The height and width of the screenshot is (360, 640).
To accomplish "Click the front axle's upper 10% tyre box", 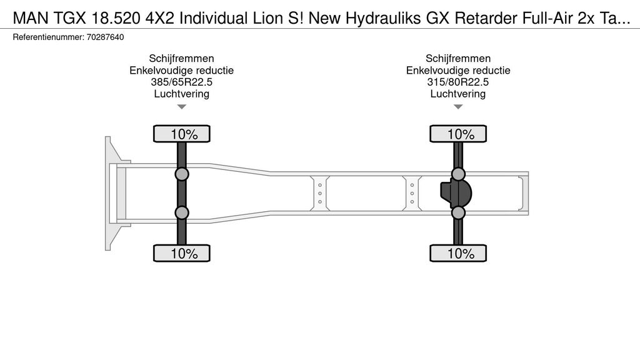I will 182,134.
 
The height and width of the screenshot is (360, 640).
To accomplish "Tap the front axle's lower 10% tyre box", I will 182,253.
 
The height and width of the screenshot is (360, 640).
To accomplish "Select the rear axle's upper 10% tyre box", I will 458,134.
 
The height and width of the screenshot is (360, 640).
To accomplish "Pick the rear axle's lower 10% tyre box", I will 458,253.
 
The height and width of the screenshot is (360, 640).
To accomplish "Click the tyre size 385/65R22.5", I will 181,82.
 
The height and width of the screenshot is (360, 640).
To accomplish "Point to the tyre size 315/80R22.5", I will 458,82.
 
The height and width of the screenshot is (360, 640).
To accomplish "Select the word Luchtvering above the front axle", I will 181,94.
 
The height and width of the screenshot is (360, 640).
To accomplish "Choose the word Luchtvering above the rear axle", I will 458,94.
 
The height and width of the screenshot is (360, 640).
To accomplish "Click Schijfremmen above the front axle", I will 181,59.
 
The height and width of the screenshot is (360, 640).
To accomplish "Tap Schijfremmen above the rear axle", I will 458,59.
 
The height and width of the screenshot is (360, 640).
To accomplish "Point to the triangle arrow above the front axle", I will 181,107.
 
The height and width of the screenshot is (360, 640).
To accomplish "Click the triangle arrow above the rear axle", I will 458,107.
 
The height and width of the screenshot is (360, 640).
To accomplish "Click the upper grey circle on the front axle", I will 182,174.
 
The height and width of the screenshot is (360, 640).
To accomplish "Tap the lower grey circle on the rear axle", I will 458,213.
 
